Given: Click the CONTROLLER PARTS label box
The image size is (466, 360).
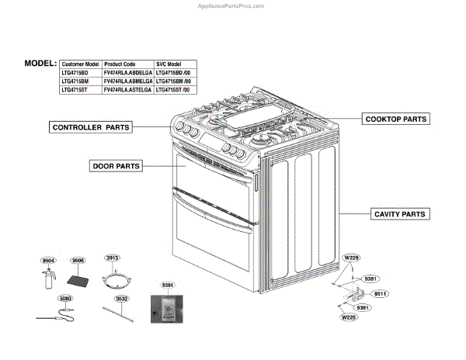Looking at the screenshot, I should click(x=90, y=126).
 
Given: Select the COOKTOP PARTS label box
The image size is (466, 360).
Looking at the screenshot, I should click(x=396, y=119).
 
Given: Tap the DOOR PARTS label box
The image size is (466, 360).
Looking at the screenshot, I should click(x=116, y=165).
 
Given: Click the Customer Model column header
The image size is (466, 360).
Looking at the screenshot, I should click(x=80, y=64).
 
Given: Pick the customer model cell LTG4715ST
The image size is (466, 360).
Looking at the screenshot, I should click(x=75, y=90).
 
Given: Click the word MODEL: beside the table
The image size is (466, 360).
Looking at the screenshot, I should click(x=40, y=63).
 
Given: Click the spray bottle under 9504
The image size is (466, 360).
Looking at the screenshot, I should click(x=48, y=280).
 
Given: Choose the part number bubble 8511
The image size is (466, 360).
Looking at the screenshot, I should click(x=380, y=294).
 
